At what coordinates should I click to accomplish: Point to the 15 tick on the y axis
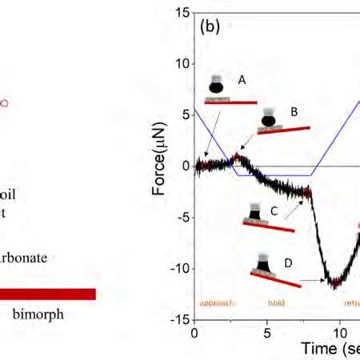(183, 12)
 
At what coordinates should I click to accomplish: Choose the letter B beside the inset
(294, 113)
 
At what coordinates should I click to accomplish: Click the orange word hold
(276, 303)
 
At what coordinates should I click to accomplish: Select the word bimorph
(38, 314)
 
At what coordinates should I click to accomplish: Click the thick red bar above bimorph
(48, 294)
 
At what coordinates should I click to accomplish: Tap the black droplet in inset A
(218, 87)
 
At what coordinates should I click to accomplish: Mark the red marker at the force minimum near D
(335, 282)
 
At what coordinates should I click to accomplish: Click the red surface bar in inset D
(274, 278)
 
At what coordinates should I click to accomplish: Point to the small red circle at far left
(6, 103)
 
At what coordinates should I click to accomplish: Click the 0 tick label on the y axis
(185, 166)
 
